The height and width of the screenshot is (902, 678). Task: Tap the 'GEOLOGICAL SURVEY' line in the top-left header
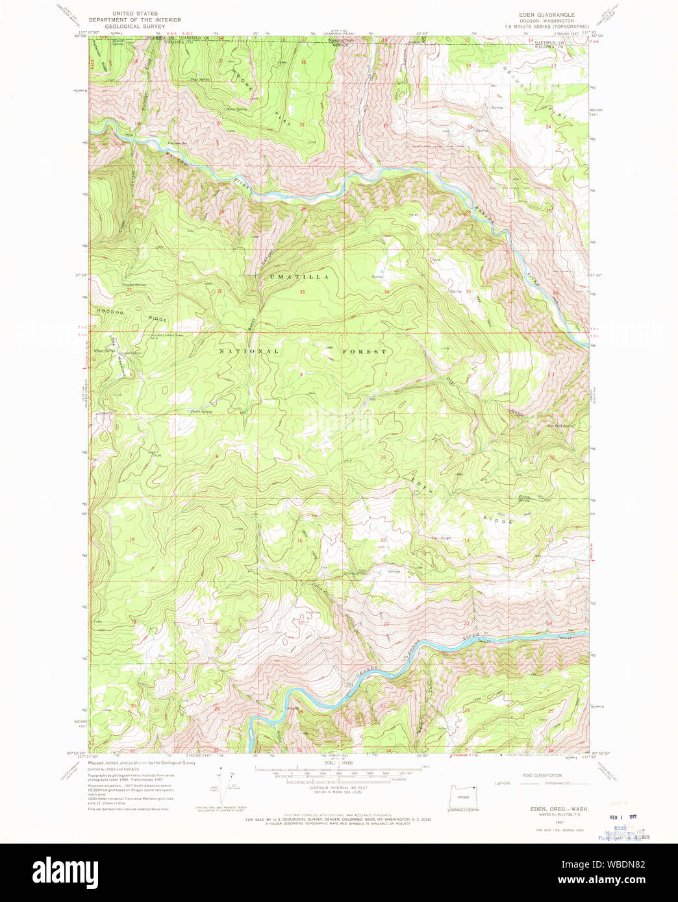pos(136,27)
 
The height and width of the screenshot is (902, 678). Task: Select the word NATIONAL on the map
pos(249,352)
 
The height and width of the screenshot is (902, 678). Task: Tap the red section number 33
pos(302,292)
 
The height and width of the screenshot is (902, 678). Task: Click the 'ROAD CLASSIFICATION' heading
pos(542,775)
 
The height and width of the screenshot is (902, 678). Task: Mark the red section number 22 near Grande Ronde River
pos(386,623)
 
